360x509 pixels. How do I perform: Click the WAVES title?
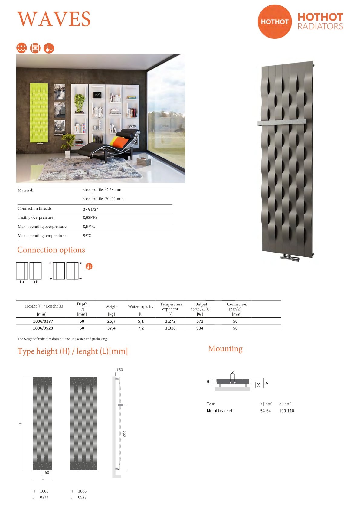click(54, 19)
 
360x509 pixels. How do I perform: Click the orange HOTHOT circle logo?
click(274, 21)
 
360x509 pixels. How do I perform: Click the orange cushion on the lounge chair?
click(117, 142)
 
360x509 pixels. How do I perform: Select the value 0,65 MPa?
click(90, 217)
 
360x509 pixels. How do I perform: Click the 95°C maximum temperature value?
click(87, 236)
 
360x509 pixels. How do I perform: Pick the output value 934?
click(200, 328)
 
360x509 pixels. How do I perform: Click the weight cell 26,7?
click(111, 321)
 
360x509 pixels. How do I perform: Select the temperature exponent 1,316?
click(170, 328)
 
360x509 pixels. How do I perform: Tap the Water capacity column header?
click(141, 307)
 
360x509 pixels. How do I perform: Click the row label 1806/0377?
click(43, 321)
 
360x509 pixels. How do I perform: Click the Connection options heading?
click(51, 250)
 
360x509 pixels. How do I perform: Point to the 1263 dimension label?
click(124, 435)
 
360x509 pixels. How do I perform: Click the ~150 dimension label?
click(119, 370)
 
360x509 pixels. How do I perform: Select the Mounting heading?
click(225, 349)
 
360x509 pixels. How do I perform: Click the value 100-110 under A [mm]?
click(286, 411)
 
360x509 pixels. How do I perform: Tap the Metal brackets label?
click(220, 411)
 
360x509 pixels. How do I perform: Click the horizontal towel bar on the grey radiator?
click(282, 122)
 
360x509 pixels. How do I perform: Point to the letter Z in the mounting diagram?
click(232, 372)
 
